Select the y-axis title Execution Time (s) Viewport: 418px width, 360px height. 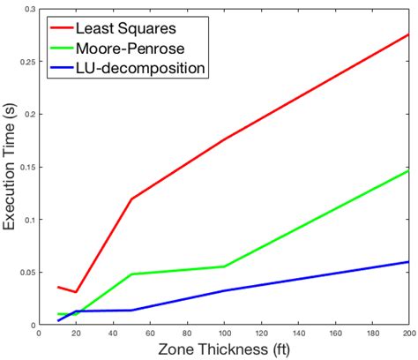[x=11, y=166]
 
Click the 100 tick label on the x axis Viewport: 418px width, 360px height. [x=224, y=334]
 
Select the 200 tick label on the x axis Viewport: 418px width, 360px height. [x=407, y=334]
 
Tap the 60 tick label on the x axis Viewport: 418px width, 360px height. [x=151, y=334]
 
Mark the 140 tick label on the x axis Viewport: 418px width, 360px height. [x=298, y=334]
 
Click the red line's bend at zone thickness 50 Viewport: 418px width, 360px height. [x=132, y=199]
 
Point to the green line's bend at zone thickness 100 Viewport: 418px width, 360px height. [x=224, y=266]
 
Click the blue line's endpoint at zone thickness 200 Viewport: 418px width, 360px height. [x=408, y=262]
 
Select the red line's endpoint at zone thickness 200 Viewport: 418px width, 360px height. [x=408, y=34]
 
